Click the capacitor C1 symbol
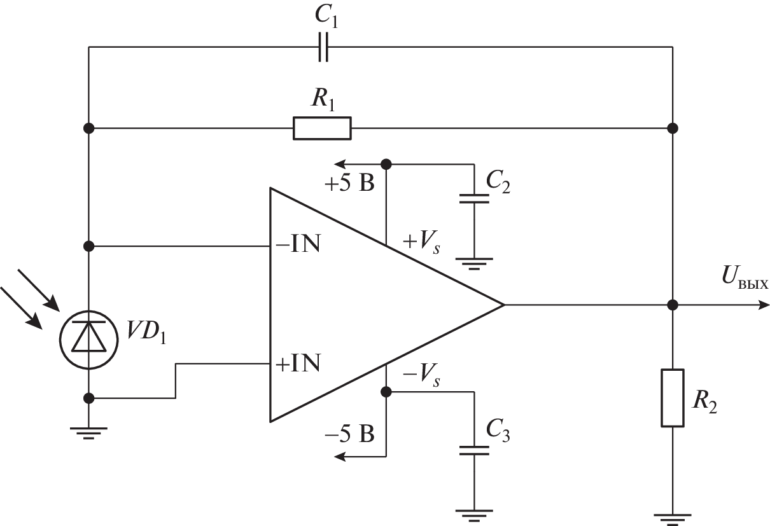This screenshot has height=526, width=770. tap(323, 48)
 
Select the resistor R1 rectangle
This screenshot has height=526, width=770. tap(322, 128)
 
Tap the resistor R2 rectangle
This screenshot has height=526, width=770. tap(673, 398)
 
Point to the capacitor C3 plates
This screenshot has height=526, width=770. tap(474, 451)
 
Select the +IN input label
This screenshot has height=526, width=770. tap(297, 364)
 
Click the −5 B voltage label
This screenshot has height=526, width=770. tap(349, 436)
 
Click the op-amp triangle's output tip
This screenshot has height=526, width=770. tap(503, 305)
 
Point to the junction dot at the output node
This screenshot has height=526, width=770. tap(673, 305)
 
